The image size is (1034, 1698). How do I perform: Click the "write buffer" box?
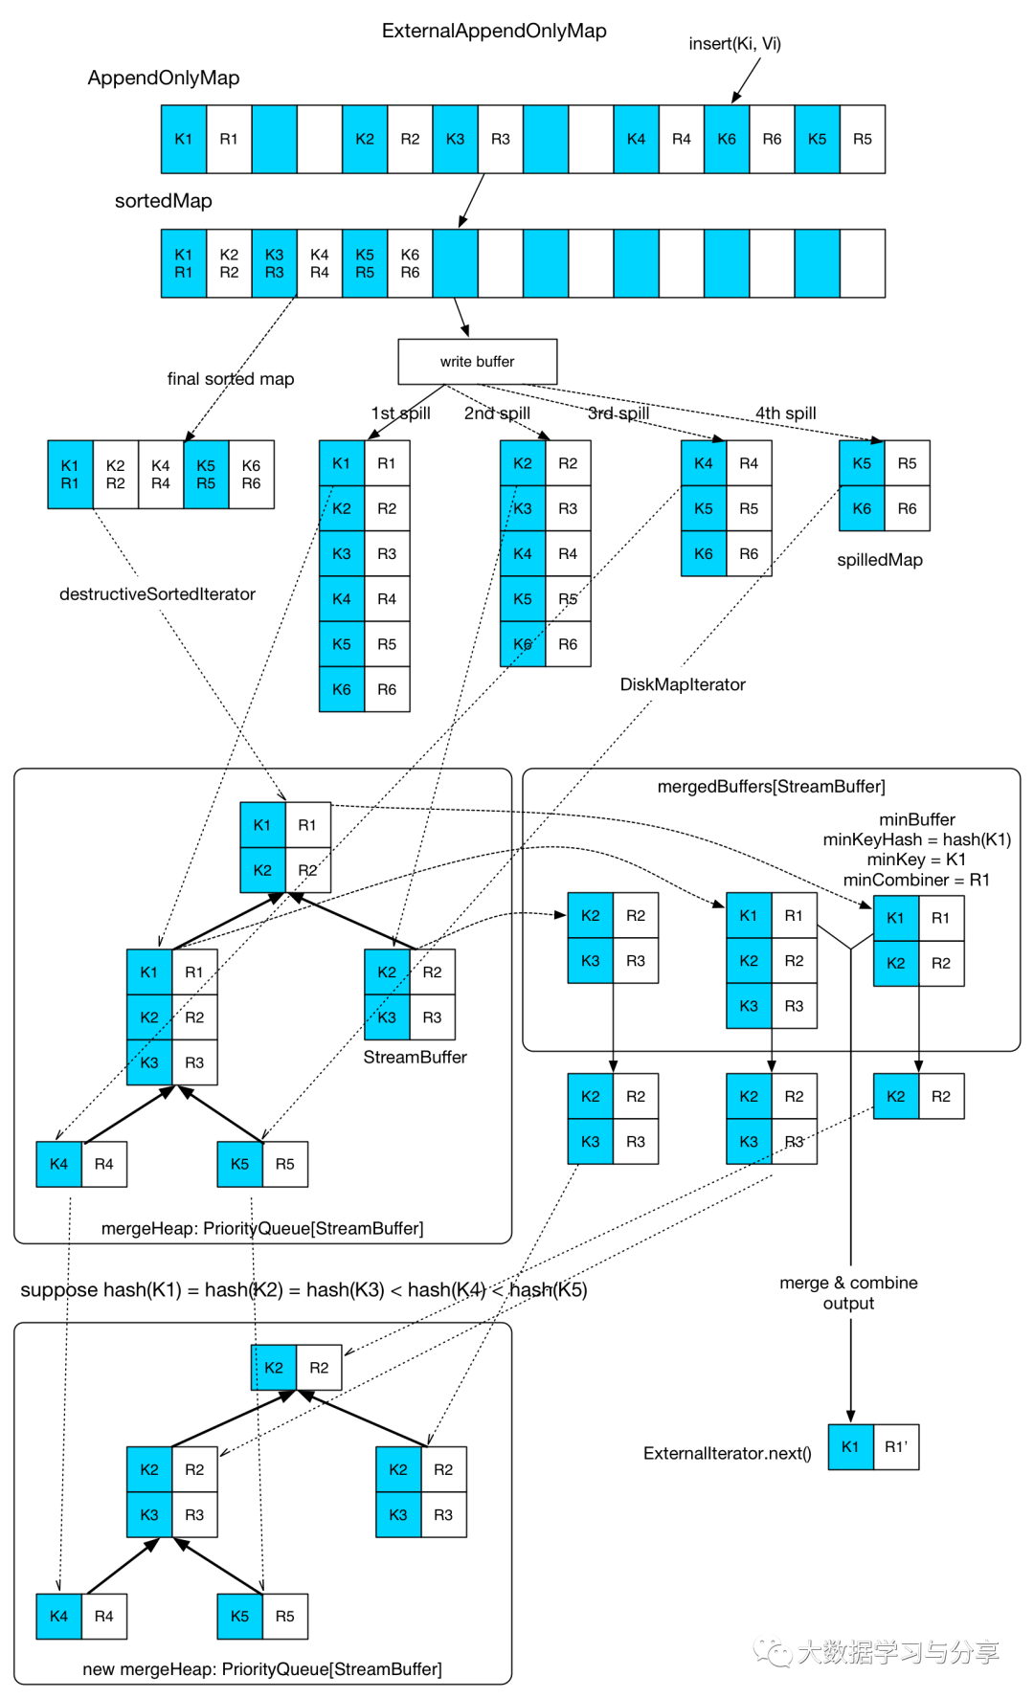(477, 362)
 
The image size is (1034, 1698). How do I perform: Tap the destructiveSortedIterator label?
(157, 593)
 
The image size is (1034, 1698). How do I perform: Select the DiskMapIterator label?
(683, 684)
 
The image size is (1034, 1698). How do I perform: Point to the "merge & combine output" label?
(848, 1292)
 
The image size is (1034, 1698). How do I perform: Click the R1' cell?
(896, 1446)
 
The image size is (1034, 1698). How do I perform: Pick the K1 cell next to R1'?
(850, 1446)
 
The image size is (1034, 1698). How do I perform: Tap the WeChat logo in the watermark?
(772, 1649)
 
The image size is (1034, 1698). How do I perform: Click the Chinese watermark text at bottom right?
(897, 1651)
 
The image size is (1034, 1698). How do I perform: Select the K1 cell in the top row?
(184, 139)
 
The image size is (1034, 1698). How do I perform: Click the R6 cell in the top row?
(772, 139)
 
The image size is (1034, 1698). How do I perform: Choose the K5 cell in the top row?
(817, 139)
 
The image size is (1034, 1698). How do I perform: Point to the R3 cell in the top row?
(501, 139)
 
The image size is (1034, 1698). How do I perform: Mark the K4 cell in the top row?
(636, 139)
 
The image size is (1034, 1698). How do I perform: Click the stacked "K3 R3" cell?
(274, 263)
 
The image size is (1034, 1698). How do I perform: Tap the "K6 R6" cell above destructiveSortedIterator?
(251, 475)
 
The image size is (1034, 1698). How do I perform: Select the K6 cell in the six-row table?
(342, 689)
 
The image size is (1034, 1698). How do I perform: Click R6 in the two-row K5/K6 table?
(907, 508)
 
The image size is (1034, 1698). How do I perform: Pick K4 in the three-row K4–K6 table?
(704, 463)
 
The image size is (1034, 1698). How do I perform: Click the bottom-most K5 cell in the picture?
(239, 1616)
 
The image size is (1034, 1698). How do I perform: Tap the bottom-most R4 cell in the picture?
(103, 1616)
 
